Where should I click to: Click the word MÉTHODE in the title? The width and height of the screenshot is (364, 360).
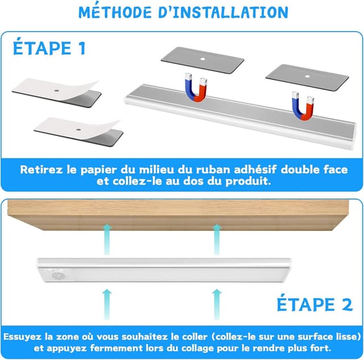(115, 12)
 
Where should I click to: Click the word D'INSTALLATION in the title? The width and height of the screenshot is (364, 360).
(223, 12)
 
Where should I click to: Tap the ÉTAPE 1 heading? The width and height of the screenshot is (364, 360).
(49, 48)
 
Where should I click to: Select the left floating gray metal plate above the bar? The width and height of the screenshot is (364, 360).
(202, 60)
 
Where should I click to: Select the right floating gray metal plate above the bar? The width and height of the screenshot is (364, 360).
(307, 78)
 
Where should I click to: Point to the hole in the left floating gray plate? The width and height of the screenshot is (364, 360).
(202, 59)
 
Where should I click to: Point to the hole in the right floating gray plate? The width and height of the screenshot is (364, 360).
(307, 76)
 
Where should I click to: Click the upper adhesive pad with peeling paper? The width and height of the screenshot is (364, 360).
(56, 93)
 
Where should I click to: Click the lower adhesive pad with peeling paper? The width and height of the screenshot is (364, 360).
(78, 131)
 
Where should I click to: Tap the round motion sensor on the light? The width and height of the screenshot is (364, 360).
(56, 275)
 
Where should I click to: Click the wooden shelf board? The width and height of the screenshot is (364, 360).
(178, 215)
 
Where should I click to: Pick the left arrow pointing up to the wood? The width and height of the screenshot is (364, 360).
(107, 239)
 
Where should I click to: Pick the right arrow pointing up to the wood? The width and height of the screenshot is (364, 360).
(217, 239)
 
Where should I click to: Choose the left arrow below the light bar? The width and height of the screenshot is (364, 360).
(107, 304)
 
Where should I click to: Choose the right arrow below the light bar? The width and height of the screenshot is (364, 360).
(217, 304)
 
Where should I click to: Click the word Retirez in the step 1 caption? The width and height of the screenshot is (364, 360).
(42, 169)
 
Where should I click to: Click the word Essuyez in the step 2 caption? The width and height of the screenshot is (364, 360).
(22, 337)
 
